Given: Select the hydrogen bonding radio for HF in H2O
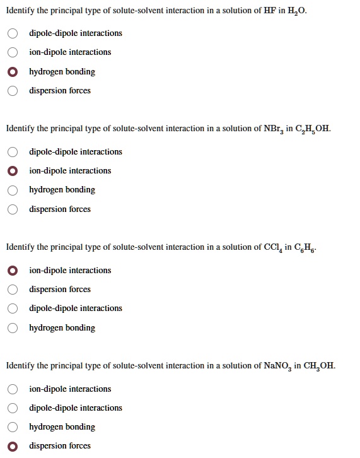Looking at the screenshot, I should [13, 72].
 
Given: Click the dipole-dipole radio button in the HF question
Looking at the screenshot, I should [13, 33].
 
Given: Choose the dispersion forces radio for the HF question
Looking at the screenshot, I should [13, 91].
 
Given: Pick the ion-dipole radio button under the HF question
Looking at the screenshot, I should [13, 52].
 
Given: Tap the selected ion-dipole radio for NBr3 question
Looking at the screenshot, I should [13, 171].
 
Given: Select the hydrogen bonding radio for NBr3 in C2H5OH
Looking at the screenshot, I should [13, 190].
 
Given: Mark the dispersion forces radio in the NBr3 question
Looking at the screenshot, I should [13, 209].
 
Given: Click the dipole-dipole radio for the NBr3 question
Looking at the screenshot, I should [13, 152].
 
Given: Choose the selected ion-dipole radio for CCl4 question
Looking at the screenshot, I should [13, 271].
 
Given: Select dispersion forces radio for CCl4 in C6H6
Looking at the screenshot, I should [13, 290].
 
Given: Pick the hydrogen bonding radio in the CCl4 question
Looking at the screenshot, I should [13, 328].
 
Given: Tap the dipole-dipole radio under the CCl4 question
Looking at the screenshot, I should [13, 308].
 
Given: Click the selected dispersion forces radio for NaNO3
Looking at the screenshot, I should [13, 446].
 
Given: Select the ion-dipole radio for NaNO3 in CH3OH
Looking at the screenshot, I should [13, 389].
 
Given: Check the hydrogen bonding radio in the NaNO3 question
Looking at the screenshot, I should [13, 427].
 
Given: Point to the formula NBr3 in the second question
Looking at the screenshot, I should [273, 129].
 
